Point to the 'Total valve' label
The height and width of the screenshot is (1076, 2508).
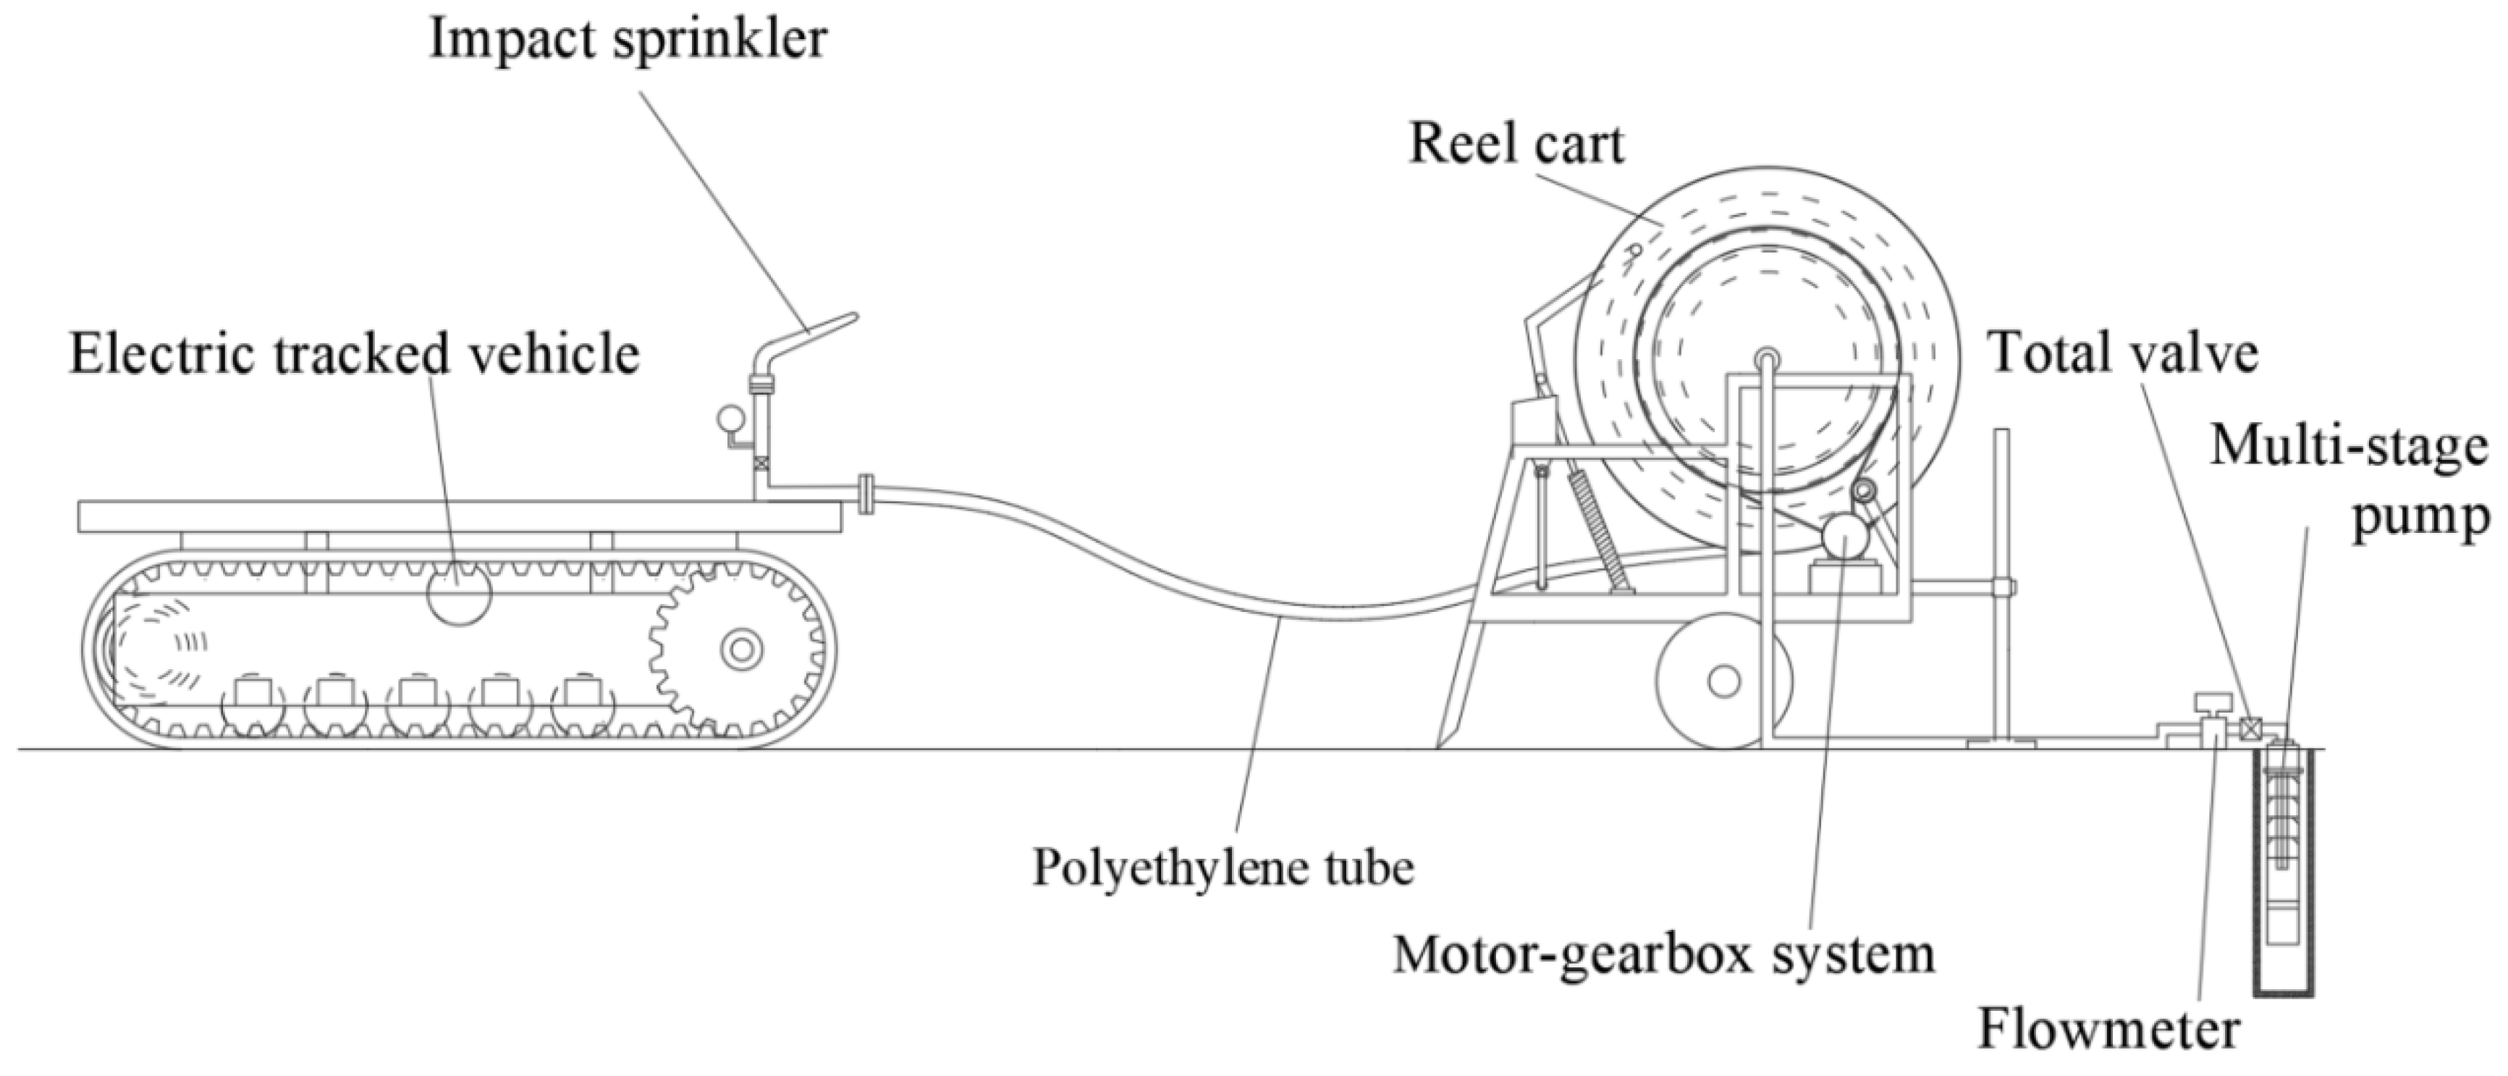2122,353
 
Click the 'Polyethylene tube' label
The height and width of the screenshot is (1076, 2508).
1223,867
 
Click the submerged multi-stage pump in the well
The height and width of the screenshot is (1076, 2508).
2283,857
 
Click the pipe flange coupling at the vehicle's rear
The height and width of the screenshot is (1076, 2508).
866,492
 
